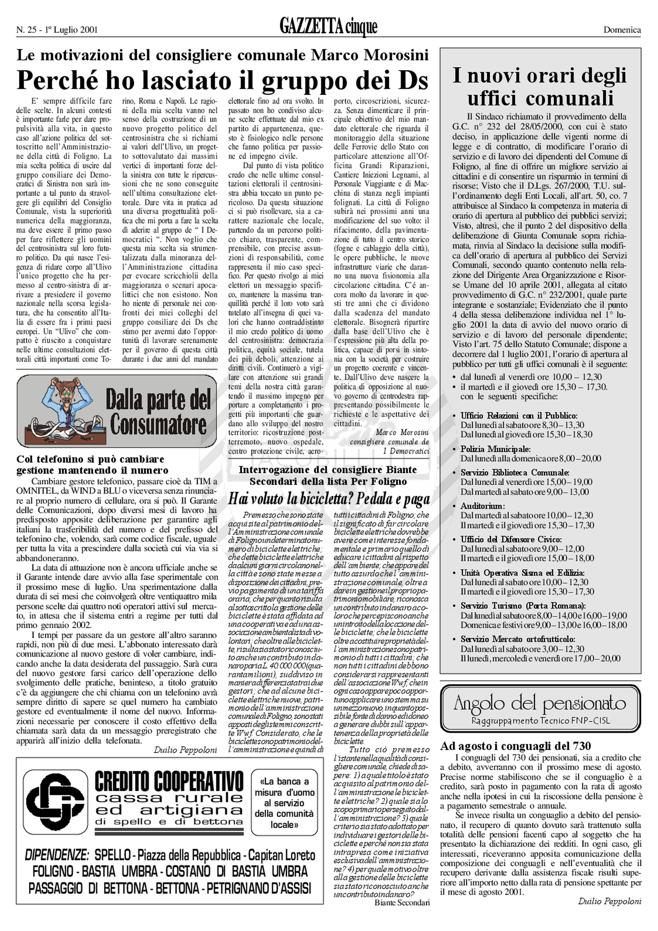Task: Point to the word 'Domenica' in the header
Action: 622,29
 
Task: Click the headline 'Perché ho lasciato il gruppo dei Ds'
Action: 222,80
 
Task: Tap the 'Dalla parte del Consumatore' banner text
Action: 158,412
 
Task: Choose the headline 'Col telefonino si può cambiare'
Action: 90,459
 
